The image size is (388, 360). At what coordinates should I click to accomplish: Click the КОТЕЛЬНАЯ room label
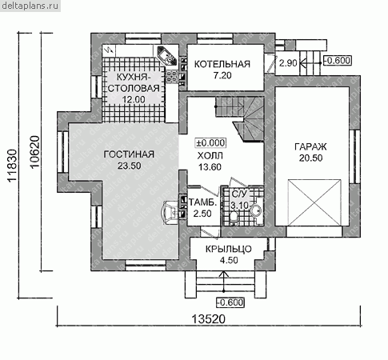(222, 64)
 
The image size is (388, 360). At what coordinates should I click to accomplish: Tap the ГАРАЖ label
(310, 146)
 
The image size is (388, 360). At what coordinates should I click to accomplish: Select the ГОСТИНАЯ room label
(129, 154)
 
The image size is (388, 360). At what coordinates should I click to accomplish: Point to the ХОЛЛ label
(210, 156)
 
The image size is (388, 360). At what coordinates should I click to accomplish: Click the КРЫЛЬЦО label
(229, 249)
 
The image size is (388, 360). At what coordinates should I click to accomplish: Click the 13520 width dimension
(209, 319)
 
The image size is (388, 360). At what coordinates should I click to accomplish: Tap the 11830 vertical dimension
(12, 166)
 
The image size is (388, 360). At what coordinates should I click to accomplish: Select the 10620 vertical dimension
(35, 152)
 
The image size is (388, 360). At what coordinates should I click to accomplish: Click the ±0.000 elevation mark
(210, 143)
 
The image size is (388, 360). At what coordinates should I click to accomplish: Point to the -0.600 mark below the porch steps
(230, 302)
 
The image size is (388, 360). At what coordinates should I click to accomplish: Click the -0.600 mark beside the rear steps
(338, 61)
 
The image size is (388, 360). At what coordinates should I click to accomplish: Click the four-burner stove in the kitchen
(171, 76)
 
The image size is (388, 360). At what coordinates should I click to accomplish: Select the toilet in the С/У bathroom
(234, 217)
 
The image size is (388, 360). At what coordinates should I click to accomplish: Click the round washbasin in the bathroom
(256, 210)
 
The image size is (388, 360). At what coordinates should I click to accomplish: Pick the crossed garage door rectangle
(314, 202)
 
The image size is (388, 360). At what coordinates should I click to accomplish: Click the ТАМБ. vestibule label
(202, 203)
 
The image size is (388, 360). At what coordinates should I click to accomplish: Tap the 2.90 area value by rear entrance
(288, 63)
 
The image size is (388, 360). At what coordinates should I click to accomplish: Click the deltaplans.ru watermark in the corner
(30, 6)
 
